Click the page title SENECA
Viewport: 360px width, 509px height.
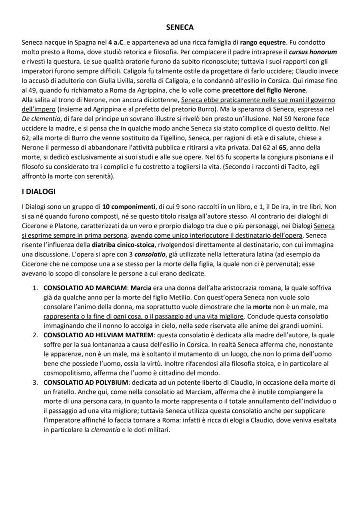click(x=180, y=27)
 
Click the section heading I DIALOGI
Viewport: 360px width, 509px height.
click(x=38, y=191)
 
